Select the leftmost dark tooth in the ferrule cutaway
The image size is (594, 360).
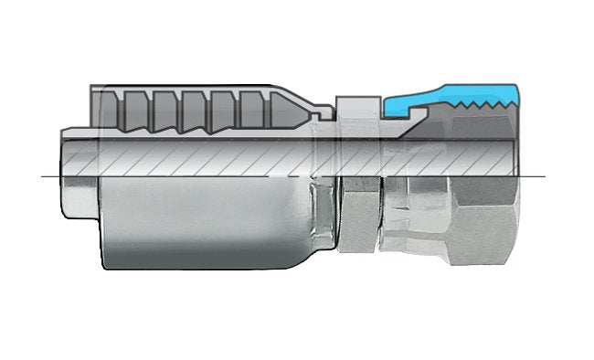111,109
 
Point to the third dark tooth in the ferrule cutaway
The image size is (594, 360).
165,109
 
